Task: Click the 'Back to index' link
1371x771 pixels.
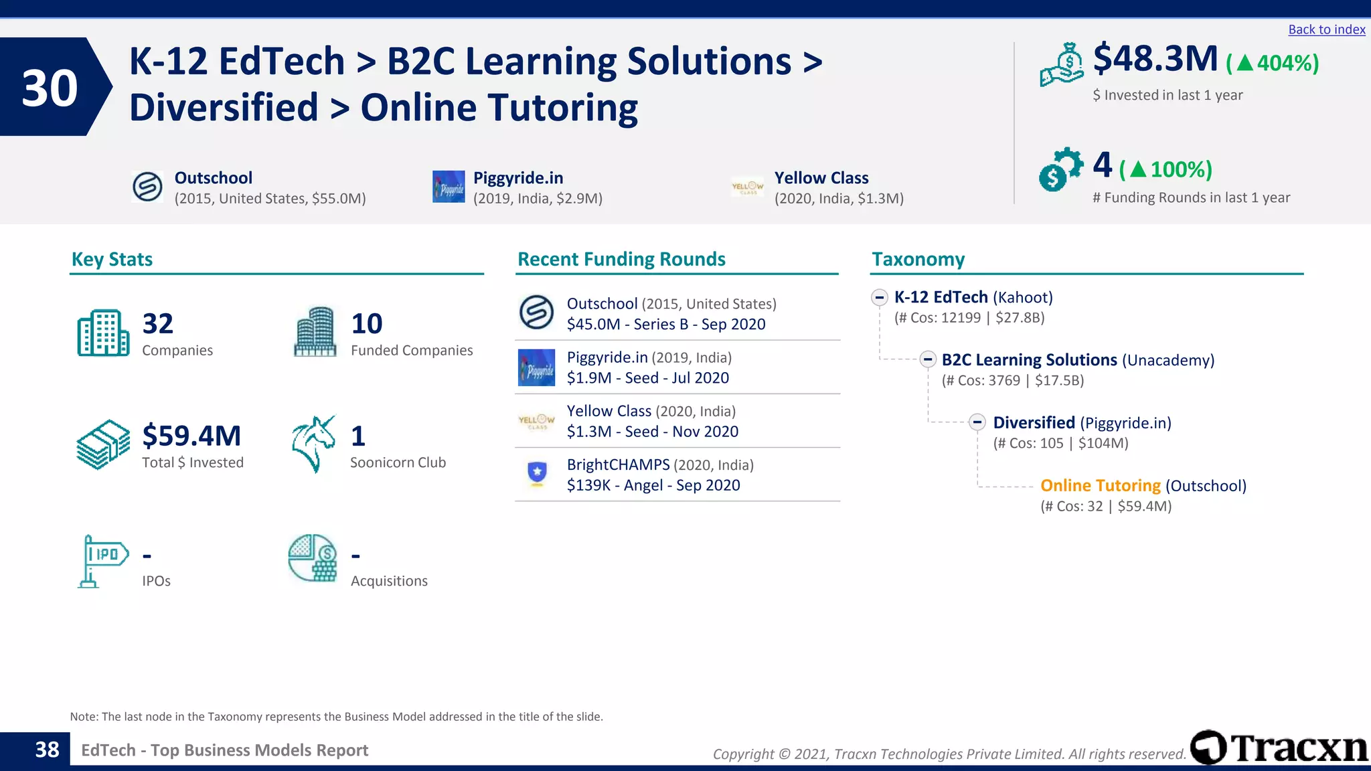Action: click(1326, 29)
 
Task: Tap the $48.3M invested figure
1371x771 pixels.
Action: click(1155, 59)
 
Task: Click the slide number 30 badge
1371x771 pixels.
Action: click(50, 88)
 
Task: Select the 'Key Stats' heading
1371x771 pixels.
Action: click(112, 259)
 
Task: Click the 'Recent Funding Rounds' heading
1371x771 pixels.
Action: click(621, 259)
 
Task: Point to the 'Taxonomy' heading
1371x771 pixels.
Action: click(918, 259)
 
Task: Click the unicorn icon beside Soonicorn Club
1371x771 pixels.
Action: click(313, 444)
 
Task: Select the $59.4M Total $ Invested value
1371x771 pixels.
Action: click(191, 436)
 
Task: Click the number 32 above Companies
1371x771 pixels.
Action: click(158, 324)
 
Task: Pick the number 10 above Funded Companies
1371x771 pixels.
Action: click(367, 324)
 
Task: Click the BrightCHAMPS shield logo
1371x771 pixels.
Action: click(537, 474)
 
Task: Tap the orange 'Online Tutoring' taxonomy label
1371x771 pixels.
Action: click(1100, 485)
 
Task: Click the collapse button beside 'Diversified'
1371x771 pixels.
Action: click(977, 422)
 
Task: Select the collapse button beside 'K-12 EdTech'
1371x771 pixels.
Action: click(879, 297)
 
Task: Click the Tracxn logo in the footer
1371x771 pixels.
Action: click(1279, 748)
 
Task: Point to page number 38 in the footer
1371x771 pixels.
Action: click(47, 750)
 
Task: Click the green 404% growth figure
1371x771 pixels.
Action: click(1273, 63)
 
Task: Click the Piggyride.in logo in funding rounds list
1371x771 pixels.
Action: click(537, 367)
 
